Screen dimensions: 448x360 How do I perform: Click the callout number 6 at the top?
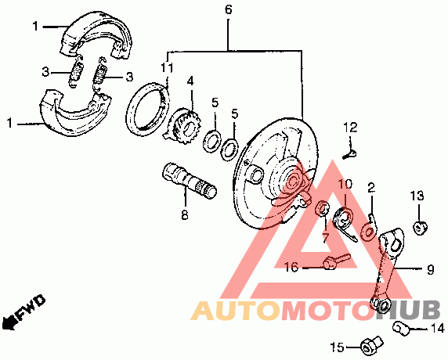tap(228, 9)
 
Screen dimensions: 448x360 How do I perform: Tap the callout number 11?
tap(167, 68)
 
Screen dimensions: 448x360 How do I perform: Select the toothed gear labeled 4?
tap(185, 126)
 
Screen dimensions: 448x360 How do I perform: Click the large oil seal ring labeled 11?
tap(148, 109)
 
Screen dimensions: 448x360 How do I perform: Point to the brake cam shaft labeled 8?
tap(190, 180)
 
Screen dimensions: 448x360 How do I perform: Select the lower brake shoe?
tap(75, 113)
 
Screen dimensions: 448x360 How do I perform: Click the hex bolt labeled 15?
tap(371, 345)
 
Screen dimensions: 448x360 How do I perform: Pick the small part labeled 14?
tap(402, 328)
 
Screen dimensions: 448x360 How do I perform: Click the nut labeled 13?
tap(419, 228)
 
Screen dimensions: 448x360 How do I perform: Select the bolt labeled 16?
tap(337, 261)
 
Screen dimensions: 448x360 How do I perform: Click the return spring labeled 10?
tap(345, 223)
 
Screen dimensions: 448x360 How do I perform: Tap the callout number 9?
tap(430, 269)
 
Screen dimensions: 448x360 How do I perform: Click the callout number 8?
tap(185, 214)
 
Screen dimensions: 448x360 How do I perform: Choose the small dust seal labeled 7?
tap(322, 209)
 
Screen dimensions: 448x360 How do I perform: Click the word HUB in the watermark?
tap(409, 311)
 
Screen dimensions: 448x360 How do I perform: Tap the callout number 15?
tap(337, 347)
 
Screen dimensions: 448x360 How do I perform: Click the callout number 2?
tap(371, 188)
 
